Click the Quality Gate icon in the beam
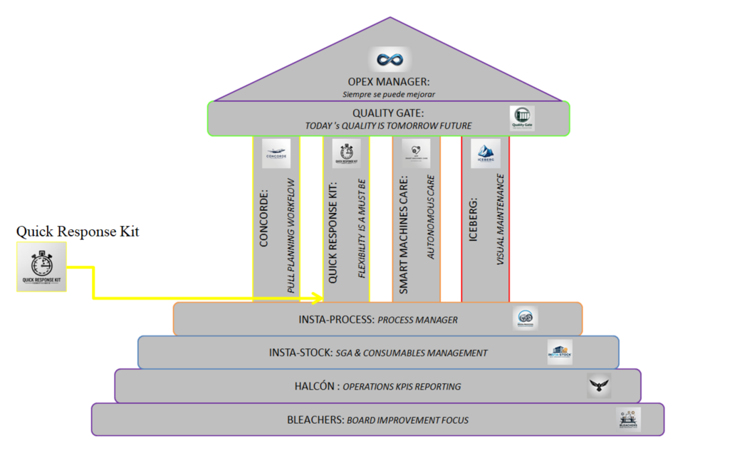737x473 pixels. tap(522, 118)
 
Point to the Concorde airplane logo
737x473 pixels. tap(276, 153)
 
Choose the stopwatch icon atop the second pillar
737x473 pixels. tap(346, 153)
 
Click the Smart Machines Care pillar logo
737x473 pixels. tap(416, 153)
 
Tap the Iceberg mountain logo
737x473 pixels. tap(486, 153)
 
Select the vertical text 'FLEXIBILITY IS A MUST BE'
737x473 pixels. tap(361, 231)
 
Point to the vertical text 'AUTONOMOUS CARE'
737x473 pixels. tap(431, 217)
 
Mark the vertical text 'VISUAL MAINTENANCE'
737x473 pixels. tap(500, 220)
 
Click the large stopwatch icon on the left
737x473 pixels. tap(41, 266)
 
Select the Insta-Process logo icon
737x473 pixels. tap(526, 318)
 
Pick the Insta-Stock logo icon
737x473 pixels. tap(560, 352)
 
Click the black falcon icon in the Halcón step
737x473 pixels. tap(599, 385)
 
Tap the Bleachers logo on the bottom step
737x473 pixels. tap(629, 419)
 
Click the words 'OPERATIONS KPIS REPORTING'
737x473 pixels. tap(402, 387)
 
